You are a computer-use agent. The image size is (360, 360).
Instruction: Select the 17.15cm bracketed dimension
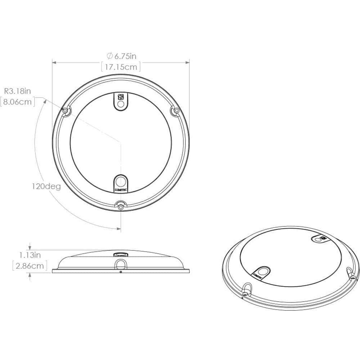120,67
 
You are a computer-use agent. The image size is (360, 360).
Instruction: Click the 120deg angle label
45,186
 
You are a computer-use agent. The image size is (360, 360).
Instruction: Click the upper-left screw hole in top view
66,111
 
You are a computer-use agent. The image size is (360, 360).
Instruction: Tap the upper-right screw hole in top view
176,111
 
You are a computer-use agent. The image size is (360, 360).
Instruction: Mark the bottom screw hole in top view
121,206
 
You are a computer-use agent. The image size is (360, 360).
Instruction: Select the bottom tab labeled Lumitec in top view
121,183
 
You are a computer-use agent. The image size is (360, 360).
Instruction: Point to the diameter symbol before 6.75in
109,56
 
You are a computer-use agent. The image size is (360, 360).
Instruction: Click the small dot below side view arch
121,272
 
